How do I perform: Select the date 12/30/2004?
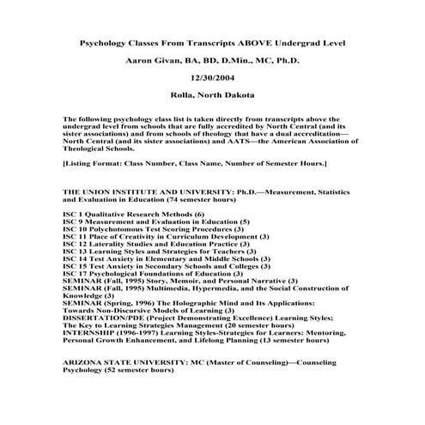click(x=212, y=77)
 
